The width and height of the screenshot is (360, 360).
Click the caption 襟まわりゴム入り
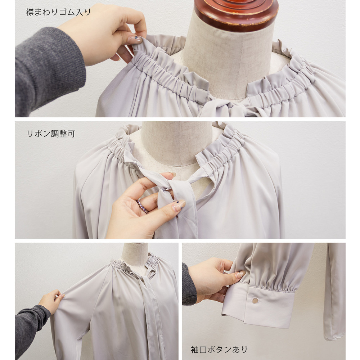(x=58, y=12)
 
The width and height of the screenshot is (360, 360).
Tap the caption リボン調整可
(x=51, y=134)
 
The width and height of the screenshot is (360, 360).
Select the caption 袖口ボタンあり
(x=219, y=350)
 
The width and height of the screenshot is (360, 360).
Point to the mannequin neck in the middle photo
(x=176, y=142)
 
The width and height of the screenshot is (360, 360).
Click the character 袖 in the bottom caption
(x=195, y=350)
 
